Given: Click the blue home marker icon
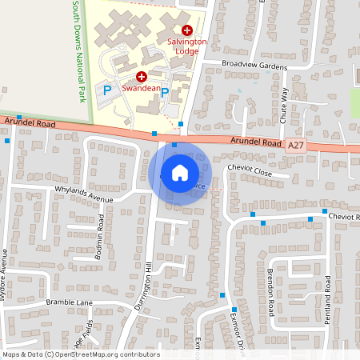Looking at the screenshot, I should [x=180, y=172].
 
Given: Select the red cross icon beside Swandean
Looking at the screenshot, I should [x=142, y=77].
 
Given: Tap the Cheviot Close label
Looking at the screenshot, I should [x=250, y=172].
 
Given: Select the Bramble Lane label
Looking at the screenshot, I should [x=70, y=302].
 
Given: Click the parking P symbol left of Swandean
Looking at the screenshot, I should [x=107, y=90].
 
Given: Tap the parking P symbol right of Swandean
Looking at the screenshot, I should [x=165, y=92].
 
